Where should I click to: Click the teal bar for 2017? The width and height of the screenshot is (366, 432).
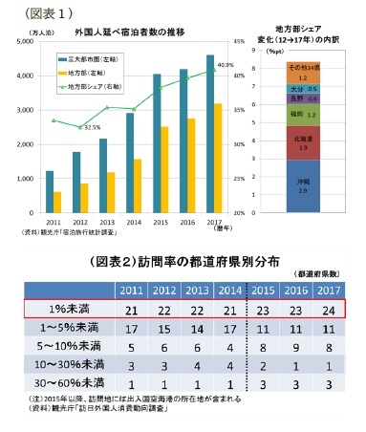[x=209, y=134]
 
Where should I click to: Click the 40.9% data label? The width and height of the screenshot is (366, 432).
[x=226, y=64]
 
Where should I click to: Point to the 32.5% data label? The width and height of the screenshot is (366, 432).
[x=92, y=126]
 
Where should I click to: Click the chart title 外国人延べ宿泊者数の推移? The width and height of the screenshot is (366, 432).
[x=128, y=31]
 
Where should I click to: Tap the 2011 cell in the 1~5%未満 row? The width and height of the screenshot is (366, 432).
[x=133, y=328]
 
